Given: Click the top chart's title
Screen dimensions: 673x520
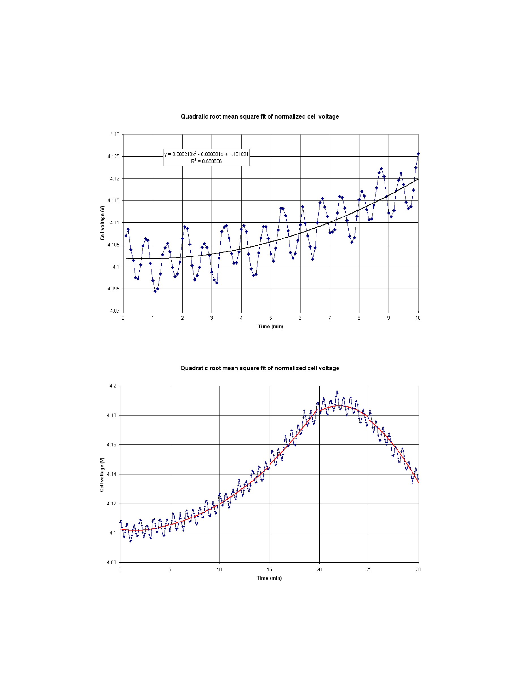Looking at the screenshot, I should pos(260,116).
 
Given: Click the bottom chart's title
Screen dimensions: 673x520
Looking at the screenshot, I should pos(260,368).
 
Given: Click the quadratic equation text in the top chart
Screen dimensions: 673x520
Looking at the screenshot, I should pos(206,154).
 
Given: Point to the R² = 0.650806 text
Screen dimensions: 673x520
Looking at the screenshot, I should pos(206,161).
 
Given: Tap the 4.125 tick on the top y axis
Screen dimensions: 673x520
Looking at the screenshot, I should pos(113,157).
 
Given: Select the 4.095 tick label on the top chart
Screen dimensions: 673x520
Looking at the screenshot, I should pos(113,289).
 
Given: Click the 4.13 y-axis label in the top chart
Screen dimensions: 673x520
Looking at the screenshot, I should pos(114,134).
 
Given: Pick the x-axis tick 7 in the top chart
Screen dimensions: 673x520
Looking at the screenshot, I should pos(330,318).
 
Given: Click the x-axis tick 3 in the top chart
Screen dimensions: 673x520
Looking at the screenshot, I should pos(212,318).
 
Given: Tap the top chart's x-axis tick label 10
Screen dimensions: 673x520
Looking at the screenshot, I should pos(418,318).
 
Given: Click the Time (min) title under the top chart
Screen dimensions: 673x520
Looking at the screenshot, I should pos(270,327).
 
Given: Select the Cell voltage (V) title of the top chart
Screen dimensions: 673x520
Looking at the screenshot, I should pos(102,223).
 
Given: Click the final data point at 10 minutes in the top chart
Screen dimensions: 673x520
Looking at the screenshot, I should pos(418,154).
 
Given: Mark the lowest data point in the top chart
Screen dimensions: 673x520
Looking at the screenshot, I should pos(155,291).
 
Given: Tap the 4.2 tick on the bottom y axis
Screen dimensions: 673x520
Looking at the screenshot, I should pos(113,386).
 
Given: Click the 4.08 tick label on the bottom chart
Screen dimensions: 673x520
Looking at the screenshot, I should pos(112,562).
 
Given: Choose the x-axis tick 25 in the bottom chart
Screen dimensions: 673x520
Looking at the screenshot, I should pos(369,569).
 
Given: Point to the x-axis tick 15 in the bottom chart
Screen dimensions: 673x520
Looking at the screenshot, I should pos(269,569).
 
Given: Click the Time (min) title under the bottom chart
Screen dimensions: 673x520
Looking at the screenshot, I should pos(269,578).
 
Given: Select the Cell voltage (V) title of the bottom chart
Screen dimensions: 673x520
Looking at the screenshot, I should pos(102,474).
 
